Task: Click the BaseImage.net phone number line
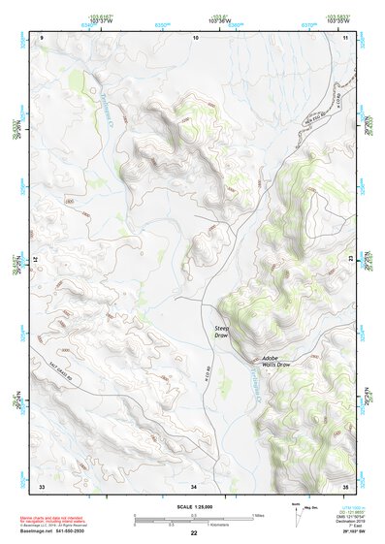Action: tap(51, 530)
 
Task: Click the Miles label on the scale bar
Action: tap(257, 515)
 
